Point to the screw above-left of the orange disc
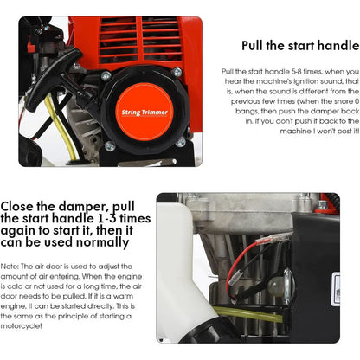[105, 76]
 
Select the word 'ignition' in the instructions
[291, 80]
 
